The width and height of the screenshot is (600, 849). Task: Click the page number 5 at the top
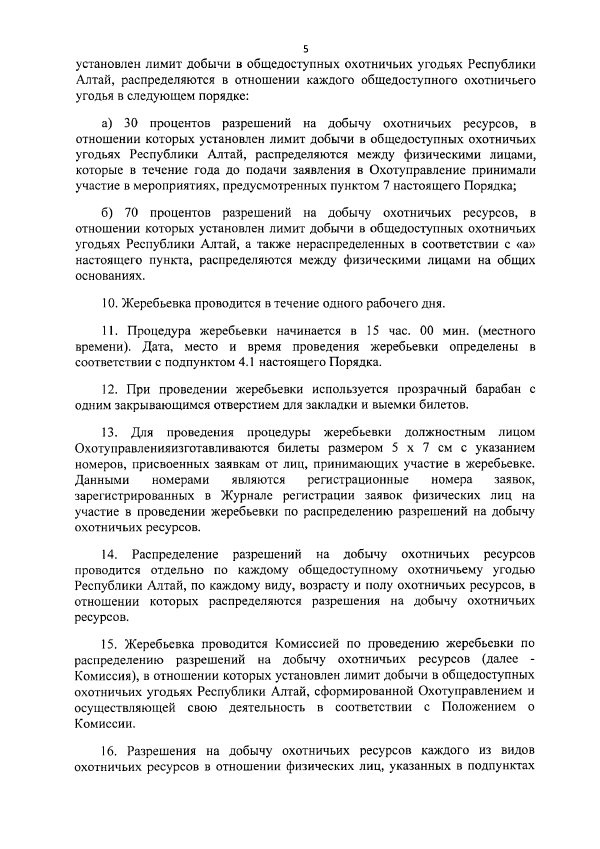coord(306,49)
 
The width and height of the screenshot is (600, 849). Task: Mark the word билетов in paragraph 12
coord(444,405)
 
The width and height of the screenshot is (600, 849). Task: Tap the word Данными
coord(102,480)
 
